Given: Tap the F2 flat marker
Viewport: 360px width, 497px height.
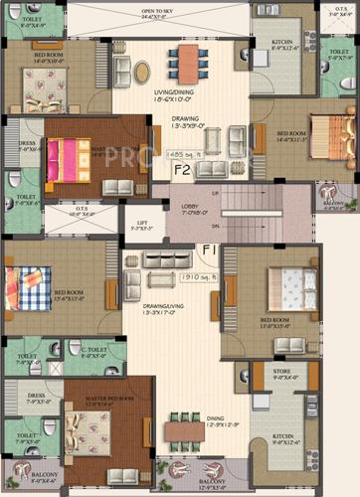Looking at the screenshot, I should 182,168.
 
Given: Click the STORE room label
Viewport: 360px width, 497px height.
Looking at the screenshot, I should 285,375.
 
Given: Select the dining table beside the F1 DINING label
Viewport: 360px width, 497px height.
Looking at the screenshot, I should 184,432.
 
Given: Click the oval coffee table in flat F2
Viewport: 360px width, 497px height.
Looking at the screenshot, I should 142,72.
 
